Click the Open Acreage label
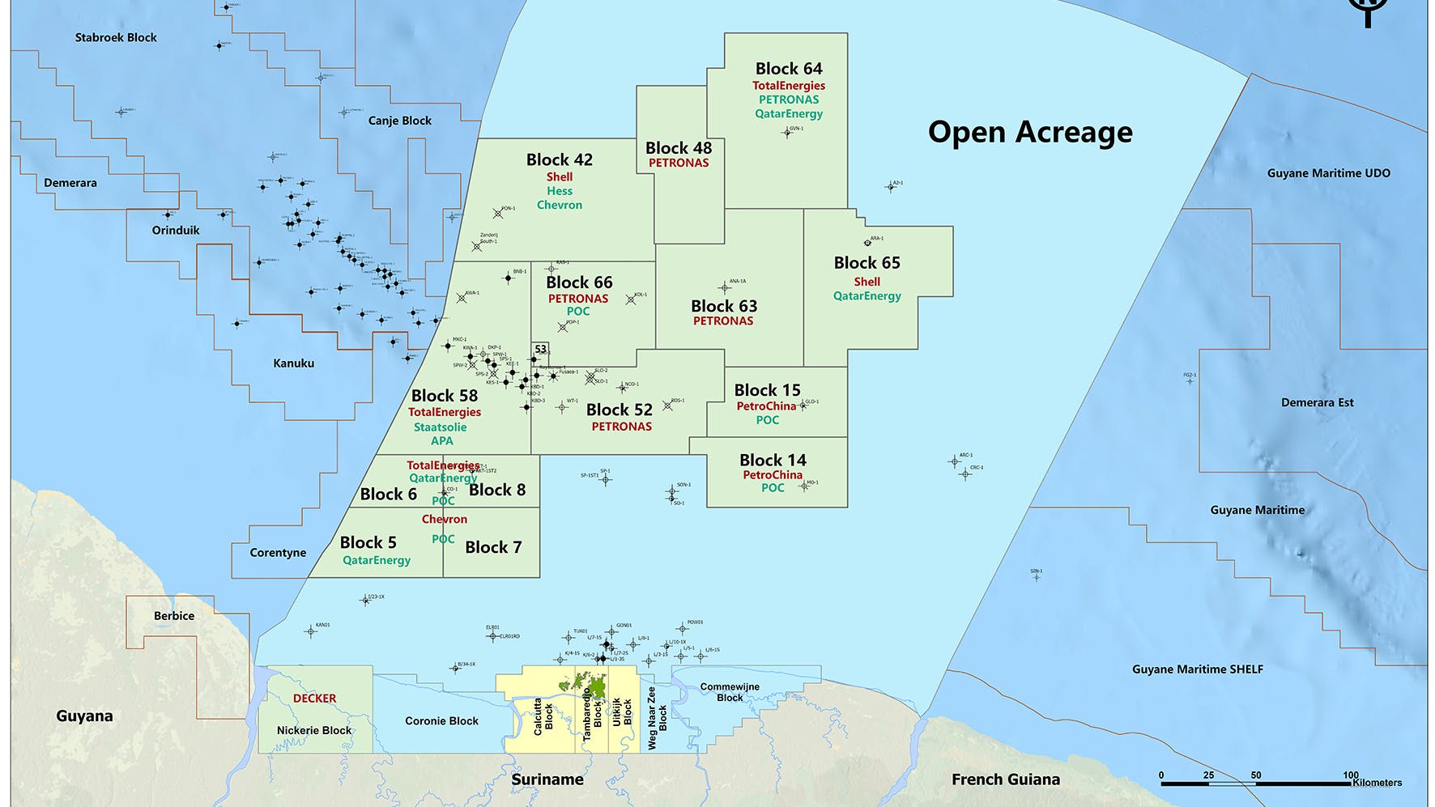pos(1029,132)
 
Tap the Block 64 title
pos(788,69)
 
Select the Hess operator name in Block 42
pos(559,191)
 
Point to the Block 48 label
pos(678,148)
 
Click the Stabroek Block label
pos(116,37)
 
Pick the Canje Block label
pos(399,121)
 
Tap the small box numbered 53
pos(540,350)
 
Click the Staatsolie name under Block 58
pos(440,427)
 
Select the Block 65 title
pos(867,263)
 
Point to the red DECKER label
pos(314,698)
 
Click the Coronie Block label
pos(441,720)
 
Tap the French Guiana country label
pos(1005,779)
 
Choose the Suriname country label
pos(547,779)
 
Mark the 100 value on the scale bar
pos(1350,775)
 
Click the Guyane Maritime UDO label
pos(1328,173)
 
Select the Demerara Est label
pos(1317,402)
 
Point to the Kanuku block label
pos(293,363)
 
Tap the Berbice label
pos(174,616)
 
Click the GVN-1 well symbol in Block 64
pos(786,133)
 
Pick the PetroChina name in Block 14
pos(773,475)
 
